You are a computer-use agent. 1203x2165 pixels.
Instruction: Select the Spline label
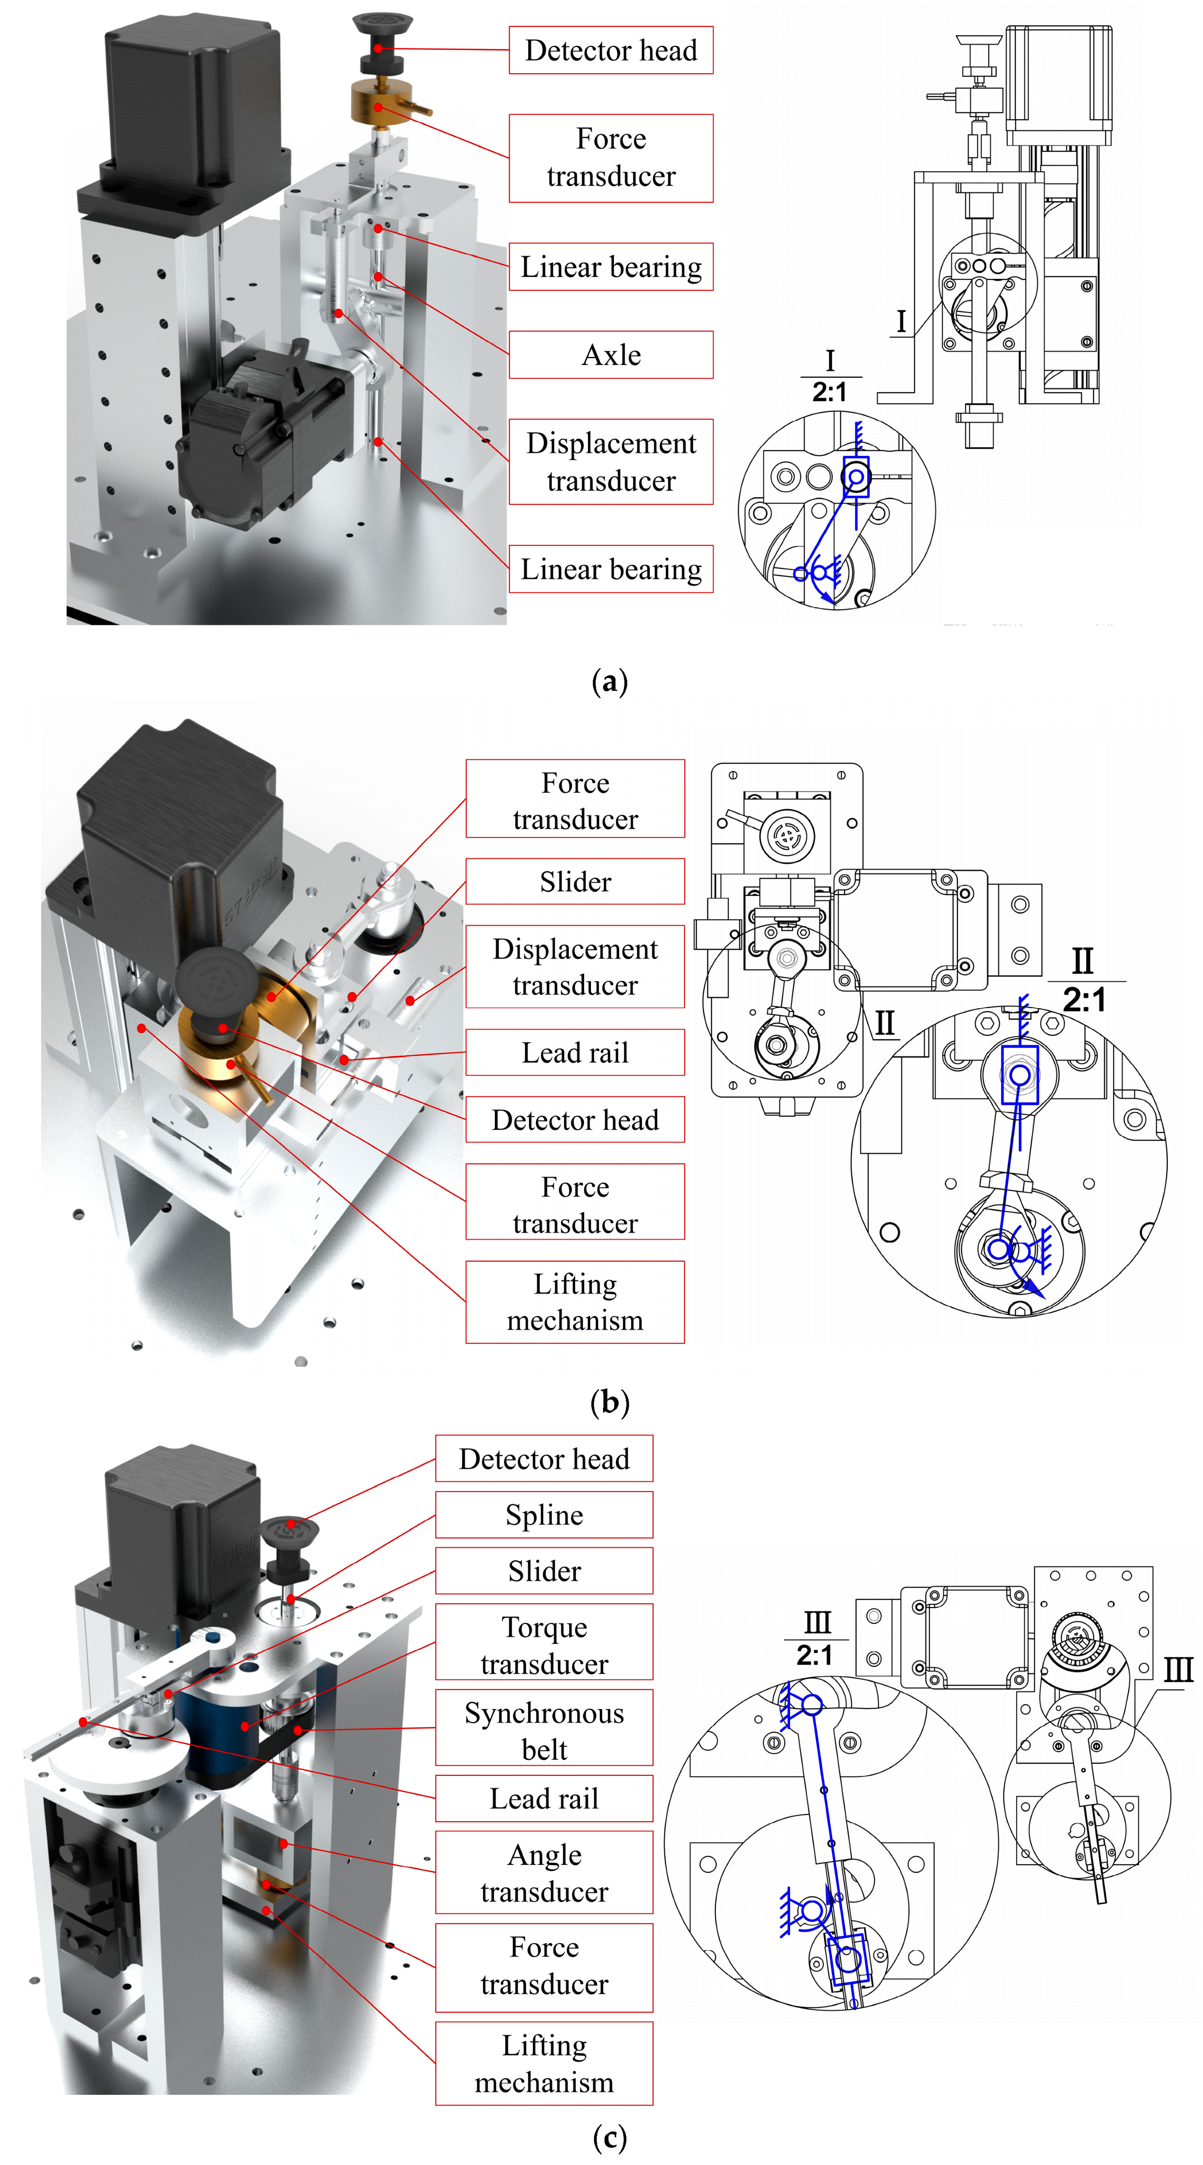[x=544, y=1515]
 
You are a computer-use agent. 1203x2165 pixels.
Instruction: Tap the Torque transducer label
[x=544, y=1645]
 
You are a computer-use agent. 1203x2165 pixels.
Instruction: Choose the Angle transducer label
[x=544, y=1873]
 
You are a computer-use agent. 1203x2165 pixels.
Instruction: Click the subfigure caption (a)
[x=610, y=681]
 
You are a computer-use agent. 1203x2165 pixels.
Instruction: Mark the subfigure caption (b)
[x=610, y=1402]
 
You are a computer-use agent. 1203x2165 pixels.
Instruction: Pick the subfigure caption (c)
[x=610, y=2136]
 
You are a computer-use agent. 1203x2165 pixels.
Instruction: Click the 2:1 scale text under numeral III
[x=815, y=1655]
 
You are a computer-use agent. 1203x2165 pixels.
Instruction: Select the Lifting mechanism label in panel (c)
[x=544, y=2063]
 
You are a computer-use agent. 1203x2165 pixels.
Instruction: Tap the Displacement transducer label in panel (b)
[x=575, y=967]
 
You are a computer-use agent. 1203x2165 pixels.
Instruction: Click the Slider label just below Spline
[x=544, y=1571]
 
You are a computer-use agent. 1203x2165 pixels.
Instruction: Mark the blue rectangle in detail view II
[x=1020, y=1075]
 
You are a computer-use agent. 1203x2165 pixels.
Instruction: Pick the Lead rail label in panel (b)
[x=575, y=1052]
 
